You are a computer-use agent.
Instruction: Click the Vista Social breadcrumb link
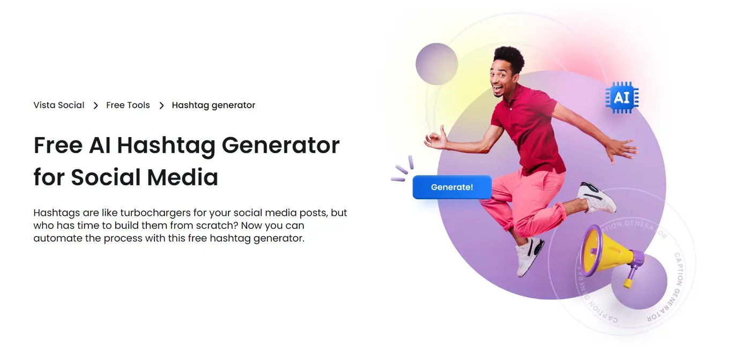point(59,105)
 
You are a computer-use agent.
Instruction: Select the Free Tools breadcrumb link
point(128,105)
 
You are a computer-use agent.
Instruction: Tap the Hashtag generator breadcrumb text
point(213,105)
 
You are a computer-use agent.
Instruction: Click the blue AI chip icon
point(622,97)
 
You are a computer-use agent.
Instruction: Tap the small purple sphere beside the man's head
point(436,64)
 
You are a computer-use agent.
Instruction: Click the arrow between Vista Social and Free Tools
point(95,106)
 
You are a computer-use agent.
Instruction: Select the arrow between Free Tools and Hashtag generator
point(161,106)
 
